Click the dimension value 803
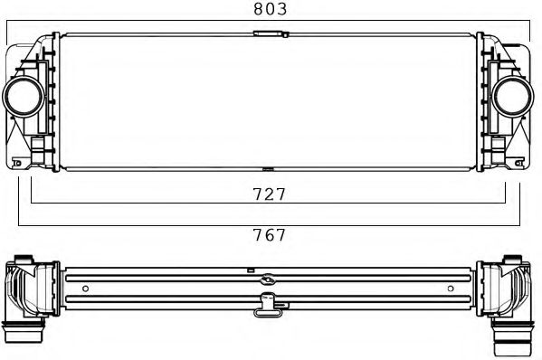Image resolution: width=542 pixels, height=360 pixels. coord(271,9)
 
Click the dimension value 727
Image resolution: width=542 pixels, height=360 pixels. coord(270,194)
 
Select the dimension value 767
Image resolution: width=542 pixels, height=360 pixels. coord(270,235)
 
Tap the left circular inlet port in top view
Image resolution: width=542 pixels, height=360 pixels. coord(24,96)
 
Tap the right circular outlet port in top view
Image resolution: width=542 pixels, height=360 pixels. coord(512,96)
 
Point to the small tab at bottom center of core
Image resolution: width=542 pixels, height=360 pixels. coord(268,169)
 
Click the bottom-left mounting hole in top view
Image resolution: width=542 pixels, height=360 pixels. coord(17,163)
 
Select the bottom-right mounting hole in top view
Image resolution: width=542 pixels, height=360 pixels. coord(518,163)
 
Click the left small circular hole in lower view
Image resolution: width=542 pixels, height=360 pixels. coord(85,289)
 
